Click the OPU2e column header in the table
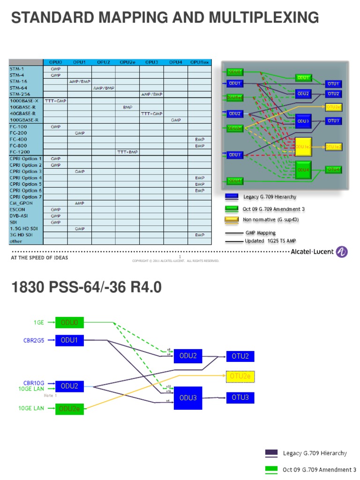(x=127, y=62)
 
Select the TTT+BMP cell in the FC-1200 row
(x=127, y=152)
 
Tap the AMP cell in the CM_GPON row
(x=79, y=203)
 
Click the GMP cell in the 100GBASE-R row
(x=176, y=120)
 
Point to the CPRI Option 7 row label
(x=26, y=196)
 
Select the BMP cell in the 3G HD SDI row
(x=200, y=234)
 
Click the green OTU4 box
(x=333, y=170)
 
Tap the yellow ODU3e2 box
(x=303, y=147)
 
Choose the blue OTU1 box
(x=333, y=84)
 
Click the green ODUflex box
(x=234, y=98)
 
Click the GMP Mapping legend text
(x=260, y=232)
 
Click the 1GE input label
(x=38, y=322)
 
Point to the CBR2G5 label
(x=35, y=340)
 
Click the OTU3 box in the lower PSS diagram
(x=240, y=398)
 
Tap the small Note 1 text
(x=50, y=396)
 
